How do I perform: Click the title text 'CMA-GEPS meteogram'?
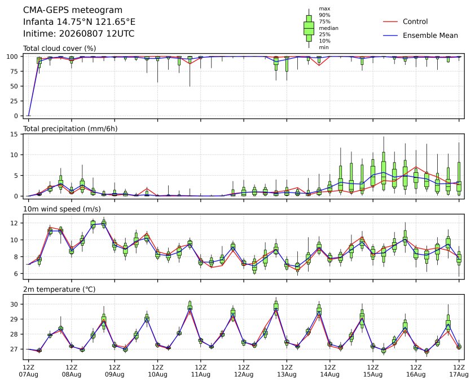tap(73, 10)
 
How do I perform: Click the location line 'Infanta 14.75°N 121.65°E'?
tap(79, 22)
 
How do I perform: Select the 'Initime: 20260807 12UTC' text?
tap(78, 33)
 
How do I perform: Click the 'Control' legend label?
tap(415, 21)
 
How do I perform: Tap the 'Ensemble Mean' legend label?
tap(430, 36)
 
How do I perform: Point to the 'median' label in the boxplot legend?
tap(328, 28)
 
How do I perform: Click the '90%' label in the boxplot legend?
tap(324, 15)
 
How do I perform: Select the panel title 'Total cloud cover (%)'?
tap(59, 49)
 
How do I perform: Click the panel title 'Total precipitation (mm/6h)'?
tap(71, 129)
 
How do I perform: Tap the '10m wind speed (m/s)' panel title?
tap(62, 209)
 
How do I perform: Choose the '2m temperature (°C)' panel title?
tap(59, 289)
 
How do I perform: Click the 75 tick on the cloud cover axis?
tap(14, 71)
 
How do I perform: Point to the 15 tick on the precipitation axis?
tap(14, 134)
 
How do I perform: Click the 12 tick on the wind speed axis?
tap(14, 223)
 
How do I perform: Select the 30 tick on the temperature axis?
tap(14, 304)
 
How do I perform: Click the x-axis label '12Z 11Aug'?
tap(200, 371)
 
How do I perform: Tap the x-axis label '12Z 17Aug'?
tap(459, 371)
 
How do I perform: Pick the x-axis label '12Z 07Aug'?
tap(28, 371)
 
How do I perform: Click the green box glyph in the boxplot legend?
tap(309, 28)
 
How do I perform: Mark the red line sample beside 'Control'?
tap(390, 21)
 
